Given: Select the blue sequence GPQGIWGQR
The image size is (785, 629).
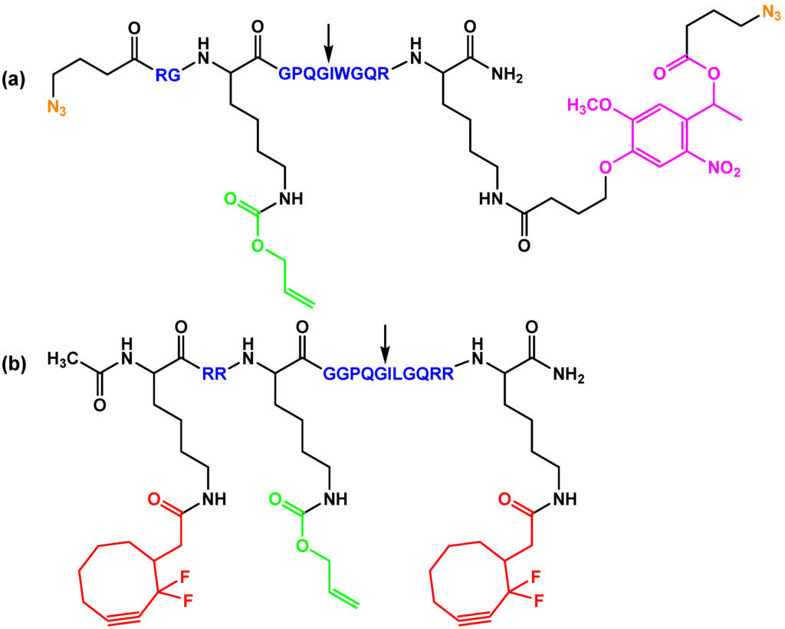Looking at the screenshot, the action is click(x=334, y=74).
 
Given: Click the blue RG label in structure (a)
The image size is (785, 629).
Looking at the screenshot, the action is click(x=168, y=74).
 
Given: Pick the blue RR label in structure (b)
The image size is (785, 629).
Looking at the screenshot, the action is click(x=215, y=374).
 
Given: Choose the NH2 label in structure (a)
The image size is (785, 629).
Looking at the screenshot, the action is click(x=508, y=74).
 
